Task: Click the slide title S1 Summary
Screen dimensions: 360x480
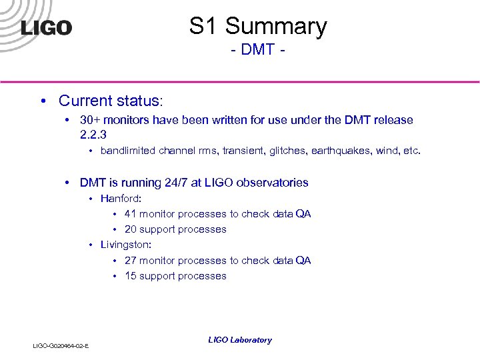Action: [258, 27]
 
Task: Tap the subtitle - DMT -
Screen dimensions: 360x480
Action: [258, 50]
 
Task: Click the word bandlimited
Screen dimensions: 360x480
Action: [128, 151]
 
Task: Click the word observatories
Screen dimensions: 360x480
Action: [275, 182]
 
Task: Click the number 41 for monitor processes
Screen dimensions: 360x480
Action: [130, 214]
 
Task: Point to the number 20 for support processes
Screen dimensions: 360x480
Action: [131, 229]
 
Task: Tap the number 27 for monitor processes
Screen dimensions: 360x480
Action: [131, 261]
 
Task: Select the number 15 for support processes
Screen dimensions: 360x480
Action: [131, 276]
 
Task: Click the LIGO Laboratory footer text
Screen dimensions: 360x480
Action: [239, 340]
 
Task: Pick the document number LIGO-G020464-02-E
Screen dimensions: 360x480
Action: [61, 345]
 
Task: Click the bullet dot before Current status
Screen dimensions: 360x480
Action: [42, 101]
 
